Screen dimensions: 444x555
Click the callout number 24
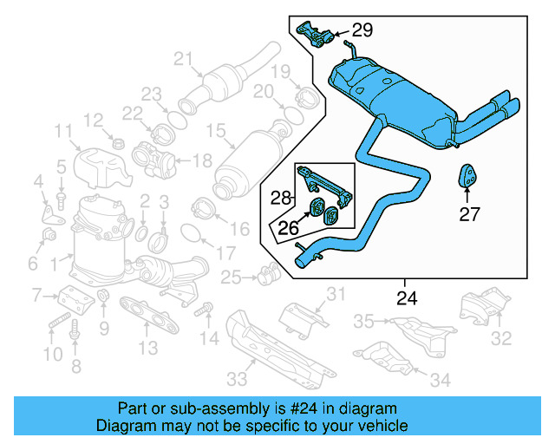point(406,298)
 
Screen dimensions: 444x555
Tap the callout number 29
point(362,30)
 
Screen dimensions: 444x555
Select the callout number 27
point(469,215)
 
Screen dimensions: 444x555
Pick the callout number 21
point(181,59)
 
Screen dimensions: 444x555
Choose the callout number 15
point(215,132)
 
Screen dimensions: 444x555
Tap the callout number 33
point(236,378)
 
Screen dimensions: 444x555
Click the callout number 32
point(502,338)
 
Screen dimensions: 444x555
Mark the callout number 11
point(62,131)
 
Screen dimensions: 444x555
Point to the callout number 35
point(364,322)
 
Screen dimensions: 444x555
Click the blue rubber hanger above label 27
point(469,176)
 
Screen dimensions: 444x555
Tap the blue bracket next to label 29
point(316,35)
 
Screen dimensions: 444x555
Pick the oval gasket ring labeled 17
point(192,233)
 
